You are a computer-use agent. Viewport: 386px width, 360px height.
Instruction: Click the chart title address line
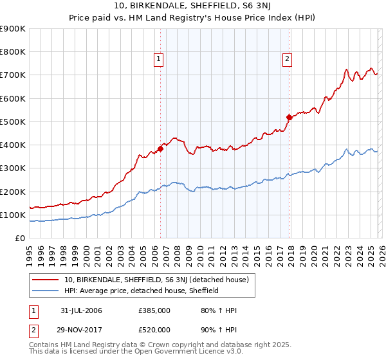[x=193, y=7]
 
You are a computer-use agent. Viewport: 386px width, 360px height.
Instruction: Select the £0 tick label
[x=20, y=238]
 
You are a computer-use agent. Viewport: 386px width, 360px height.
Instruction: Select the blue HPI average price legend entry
[x=142, y=291]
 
